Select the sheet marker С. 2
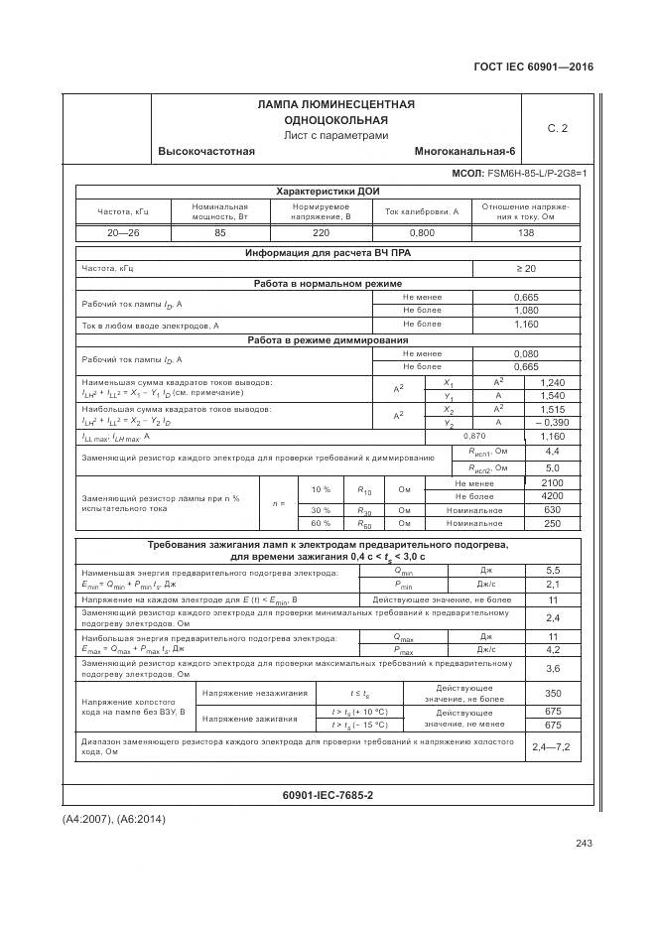coord(557,128)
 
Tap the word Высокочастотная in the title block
coord(206,151)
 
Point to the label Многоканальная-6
coord(464,151)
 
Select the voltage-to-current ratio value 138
coord(525,232)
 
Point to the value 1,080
coord(525,310)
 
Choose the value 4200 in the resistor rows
coord(552,495)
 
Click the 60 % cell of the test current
coord(321,523)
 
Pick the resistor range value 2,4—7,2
coord(552,745)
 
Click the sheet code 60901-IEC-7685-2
coord(327,796)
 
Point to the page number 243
coord(583,843)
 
